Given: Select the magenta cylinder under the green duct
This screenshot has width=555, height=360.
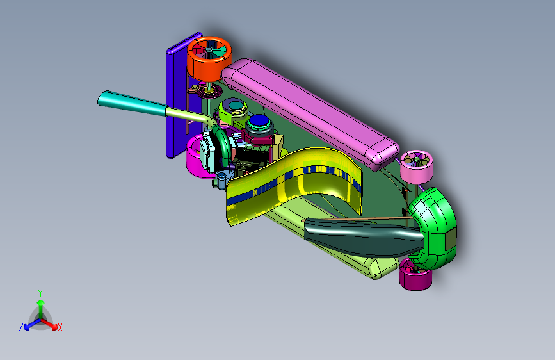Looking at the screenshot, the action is point(415,275).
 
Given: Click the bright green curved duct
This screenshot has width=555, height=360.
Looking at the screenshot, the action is point(435,227).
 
